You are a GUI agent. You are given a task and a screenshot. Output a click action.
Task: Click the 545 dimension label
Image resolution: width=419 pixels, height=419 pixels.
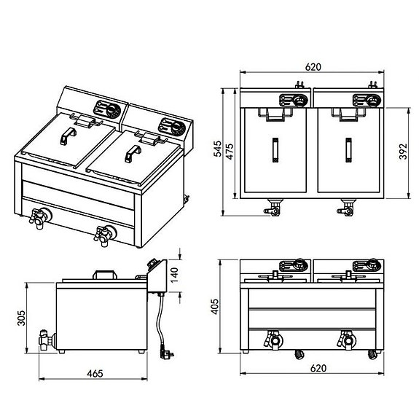coord(218,149)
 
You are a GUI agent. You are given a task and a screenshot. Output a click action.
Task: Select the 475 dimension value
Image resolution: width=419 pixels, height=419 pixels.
coord(230,152)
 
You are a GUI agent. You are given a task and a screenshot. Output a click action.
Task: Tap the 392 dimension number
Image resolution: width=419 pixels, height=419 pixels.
coord(403,152)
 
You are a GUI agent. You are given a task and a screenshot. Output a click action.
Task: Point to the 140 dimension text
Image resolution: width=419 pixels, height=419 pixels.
coord(174,275)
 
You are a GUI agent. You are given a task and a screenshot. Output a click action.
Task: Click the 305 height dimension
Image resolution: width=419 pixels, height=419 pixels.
coord(21,318)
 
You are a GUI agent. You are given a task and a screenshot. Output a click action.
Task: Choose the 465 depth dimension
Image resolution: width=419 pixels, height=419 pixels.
coord(95,374)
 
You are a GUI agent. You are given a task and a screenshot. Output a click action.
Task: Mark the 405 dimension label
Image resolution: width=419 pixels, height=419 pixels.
coord(214,307)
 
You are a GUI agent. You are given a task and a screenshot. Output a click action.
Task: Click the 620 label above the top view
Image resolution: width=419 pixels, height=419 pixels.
coord(313,67)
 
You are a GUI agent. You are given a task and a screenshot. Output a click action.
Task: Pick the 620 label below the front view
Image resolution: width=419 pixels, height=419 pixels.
coord(318,368)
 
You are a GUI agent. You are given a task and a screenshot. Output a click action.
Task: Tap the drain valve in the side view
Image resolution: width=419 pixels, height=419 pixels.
coord(47,340)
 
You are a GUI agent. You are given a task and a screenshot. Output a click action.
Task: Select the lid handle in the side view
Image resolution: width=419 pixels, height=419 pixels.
coord(105,275)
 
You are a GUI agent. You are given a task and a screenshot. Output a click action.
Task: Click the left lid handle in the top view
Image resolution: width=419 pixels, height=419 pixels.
coord(275,150)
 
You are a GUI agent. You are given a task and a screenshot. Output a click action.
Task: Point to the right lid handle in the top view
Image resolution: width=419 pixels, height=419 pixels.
coord(348,150)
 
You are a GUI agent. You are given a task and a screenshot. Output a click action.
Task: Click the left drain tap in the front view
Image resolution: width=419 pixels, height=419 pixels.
coord(273,340)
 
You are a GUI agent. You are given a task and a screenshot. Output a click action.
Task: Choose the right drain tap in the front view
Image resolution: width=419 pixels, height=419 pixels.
coord(347,340)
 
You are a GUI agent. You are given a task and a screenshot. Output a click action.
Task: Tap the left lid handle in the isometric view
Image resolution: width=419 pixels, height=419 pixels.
coord(68,136)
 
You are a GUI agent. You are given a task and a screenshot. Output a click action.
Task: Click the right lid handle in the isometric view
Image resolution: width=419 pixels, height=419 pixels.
coord(133,154)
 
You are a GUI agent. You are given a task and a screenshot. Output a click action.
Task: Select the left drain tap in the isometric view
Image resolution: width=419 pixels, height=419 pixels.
coord(40,218)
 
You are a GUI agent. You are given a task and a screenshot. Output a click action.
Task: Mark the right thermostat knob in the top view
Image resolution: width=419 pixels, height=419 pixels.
coord(373,101)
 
